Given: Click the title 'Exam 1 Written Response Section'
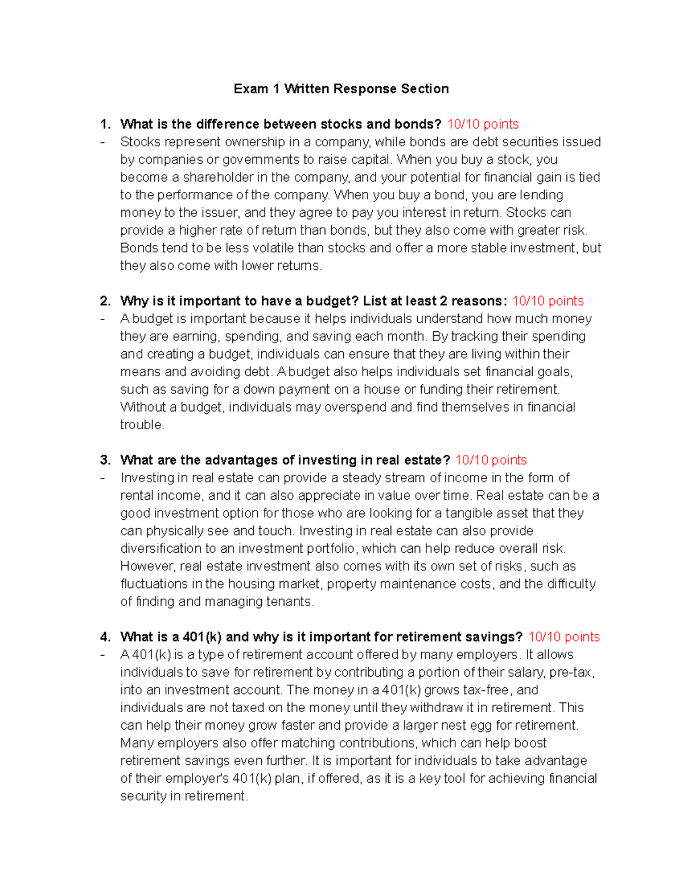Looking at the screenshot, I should coord(341,89).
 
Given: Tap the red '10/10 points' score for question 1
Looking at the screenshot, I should coord(483,124).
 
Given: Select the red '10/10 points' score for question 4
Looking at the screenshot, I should coord(563,637).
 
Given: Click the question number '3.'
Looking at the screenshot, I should coord(105,460).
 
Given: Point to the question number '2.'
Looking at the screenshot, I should coord(105,301).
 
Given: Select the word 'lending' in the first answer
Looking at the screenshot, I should coord(541,195).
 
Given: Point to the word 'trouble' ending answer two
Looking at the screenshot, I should coord(141,425).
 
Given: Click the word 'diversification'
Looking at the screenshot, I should coord(161,549).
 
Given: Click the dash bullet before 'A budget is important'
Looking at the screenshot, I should coord(102,319).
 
